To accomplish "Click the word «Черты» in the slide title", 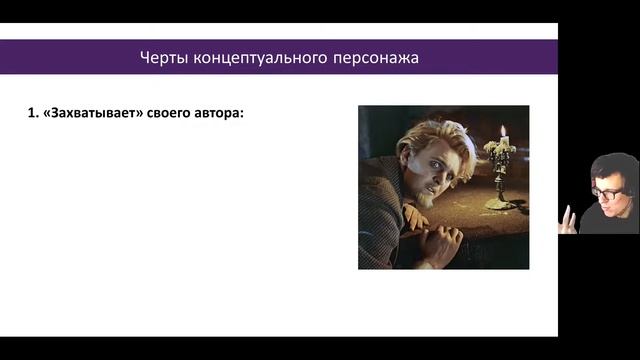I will click(161, 57).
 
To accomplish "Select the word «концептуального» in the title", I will click(252, 57).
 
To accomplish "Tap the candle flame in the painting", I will click(502, 132).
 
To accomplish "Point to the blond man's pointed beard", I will click(428, 199).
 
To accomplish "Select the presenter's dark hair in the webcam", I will click(612, 166).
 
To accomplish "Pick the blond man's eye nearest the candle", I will click(446, 164).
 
